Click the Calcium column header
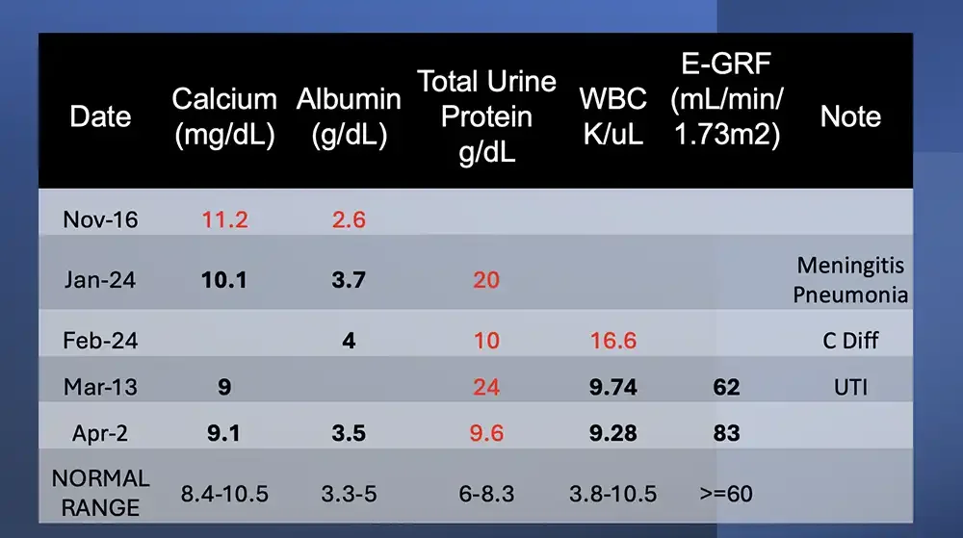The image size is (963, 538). click(x=224, y=116)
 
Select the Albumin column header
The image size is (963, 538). click(x=349, y=116)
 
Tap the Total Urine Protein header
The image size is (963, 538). click(x=487, y=116)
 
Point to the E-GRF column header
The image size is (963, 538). click(x=727, y=100)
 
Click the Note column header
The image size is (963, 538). click(x=850, y=116)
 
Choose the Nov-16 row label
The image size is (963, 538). click(x=100, y=219)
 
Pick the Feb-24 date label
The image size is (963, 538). click(x=100, y=341)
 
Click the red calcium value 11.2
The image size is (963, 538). click(x=224, y=219)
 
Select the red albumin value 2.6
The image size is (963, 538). click(x=349, y=219)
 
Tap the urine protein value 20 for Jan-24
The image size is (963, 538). click(x=486, y=280)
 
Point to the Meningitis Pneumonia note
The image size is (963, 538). click(x=850, y=279)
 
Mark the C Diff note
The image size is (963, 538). click(x=850, y=341)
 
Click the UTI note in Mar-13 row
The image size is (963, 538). click(x=850, y=387)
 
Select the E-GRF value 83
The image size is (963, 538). click(x=727, y=433)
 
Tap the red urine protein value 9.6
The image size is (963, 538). click(x=486, y=433)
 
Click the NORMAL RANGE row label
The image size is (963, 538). click(x=100, y=493)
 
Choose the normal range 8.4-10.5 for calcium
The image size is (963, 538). click(x=224, y=495)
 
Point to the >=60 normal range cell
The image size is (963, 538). click(x=727, y=495)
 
